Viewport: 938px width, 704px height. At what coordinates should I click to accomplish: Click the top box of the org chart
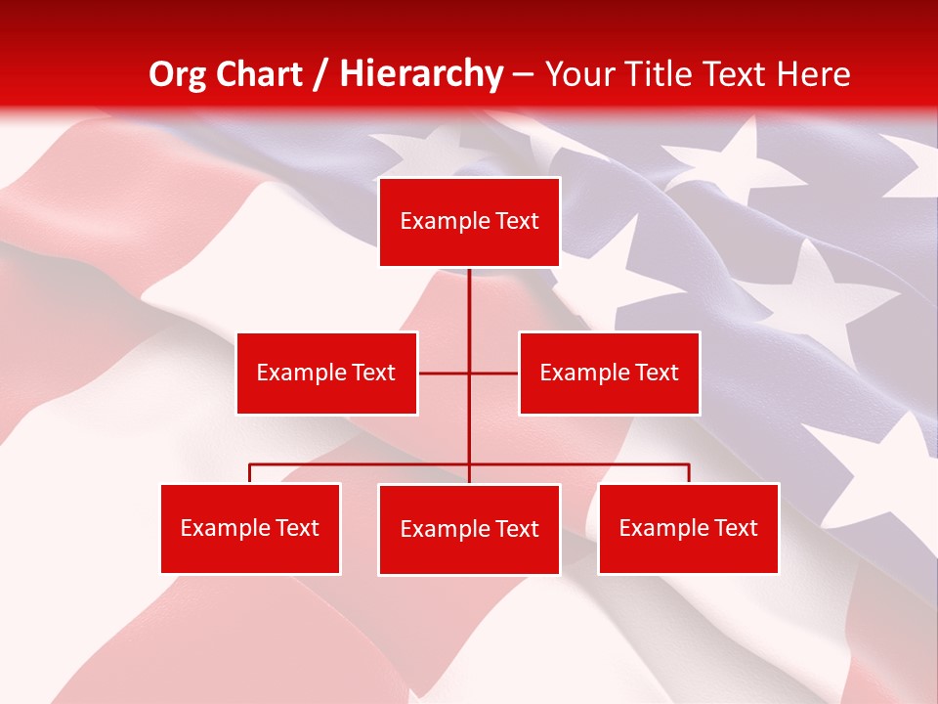[469, 222]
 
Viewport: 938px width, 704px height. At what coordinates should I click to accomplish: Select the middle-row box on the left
[326, 373]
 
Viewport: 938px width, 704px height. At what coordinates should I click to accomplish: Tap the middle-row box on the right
[609, 373]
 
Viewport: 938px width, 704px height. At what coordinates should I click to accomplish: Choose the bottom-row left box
[250, 528]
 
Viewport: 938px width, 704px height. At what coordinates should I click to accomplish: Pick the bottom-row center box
[469, 529]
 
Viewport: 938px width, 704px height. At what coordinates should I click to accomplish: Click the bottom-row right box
[688, 528]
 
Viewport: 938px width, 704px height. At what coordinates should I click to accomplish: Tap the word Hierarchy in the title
[420, 74]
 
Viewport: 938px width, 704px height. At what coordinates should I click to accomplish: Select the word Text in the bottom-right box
[735, 528]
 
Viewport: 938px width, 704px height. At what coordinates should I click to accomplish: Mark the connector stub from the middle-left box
[443, 373]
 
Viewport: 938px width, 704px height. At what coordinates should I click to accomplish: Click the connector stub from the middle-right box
[494, 373]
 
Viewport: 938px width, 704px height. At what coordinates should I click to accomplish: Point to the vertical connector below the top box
[469, 303]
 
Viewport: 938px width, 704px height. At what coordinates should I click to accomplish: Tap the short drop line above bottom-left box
[250, 473]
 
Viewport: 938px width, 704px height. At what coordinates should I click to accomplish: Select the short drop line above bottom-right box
[688, 473]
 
